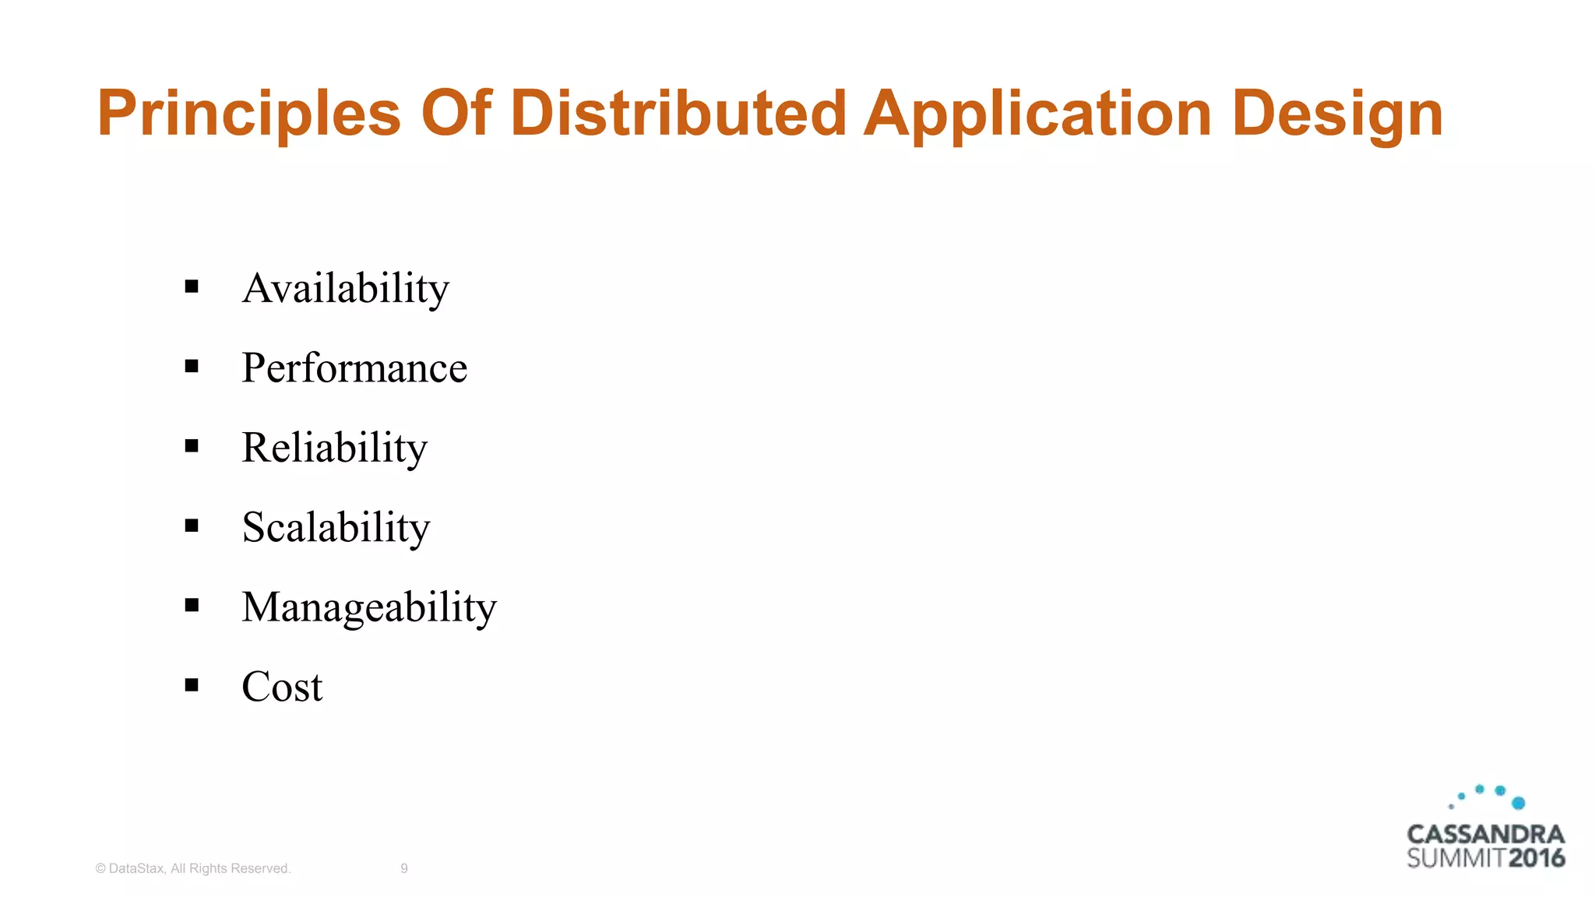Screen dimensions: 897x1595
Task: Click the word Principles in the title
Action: click(x=248, y=114)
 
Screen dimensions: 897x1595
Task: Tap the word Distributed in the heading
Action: click(x=678, y=113)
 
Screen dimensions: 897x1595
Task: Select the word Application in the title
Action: click(x=1037, y=114)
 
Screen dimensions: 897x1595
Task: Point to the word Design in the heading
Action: click(x=1337, y=114)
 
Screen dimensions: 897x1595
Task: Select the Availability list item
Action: click(x=345, y=288)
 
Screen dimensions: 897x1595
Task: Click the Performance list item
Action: click(x=354, y=368)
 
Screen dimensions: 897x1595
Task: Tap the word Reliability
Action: click(x=334, y=448)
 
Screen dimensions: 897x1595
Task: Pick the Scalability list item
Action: click(x=336, y=527)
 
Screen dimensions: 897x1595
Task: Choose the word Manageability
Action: click(x=369, y=607)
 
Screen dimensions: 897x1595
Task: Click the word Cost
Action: click(x=282, y=687)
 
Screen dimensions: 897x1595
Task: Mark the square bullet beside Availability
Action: click(x=192, y=287)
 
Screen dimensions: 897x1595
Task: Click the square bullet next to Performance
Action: click(x=192, y=366)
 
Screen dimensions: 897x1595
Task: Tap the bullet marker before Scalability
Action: click(x=192, y=526)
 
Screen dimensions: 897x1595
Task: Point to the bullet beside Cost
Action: click(x=192, y=685)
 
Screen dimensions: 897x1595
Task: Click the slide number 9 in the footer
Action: click(x=404, y=868)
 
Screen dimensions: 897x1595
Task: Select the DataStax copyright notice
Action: click(x=193, y=868)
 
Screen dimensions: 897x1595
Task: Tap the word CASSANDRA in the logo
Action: click(x=1485, y=835)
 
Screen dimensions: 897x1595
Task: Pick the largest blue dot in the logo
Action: click(x=1518, y=803)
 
